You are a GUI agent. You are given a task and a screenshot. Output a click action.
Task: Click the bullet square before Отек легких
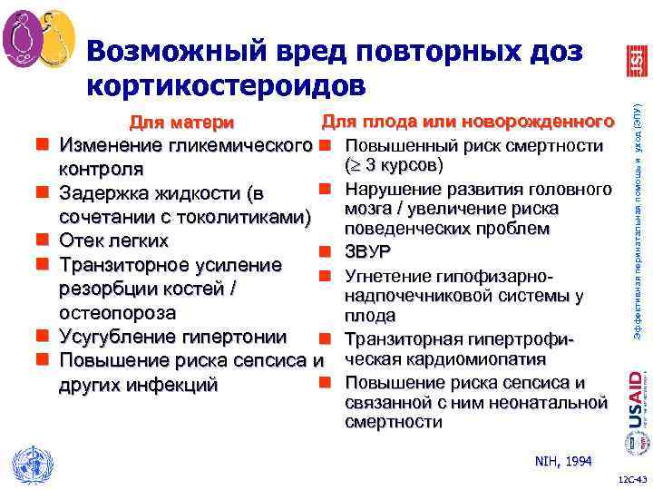(x=41, y=241)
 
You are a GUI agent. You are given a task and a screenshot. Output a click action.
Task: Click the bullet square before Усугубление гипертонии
(x=41, y=337)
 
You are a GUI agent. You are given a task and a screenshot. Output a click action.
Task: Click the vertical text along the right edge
(x=637, y=218)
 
